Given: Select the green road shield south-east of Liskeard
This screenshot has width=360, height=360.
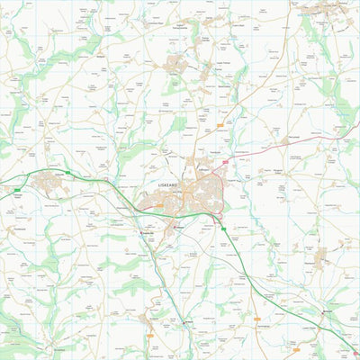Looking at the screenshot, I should (224, 229).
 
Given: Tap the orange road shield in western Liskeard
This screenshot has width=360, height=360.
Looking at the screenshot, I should (159, 205).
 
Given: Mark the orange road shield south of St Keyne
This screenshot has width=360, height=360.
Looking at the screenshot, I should (150, 336).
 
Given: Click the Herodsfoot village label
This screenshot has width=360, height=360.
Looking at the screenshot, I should (59, 348).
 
